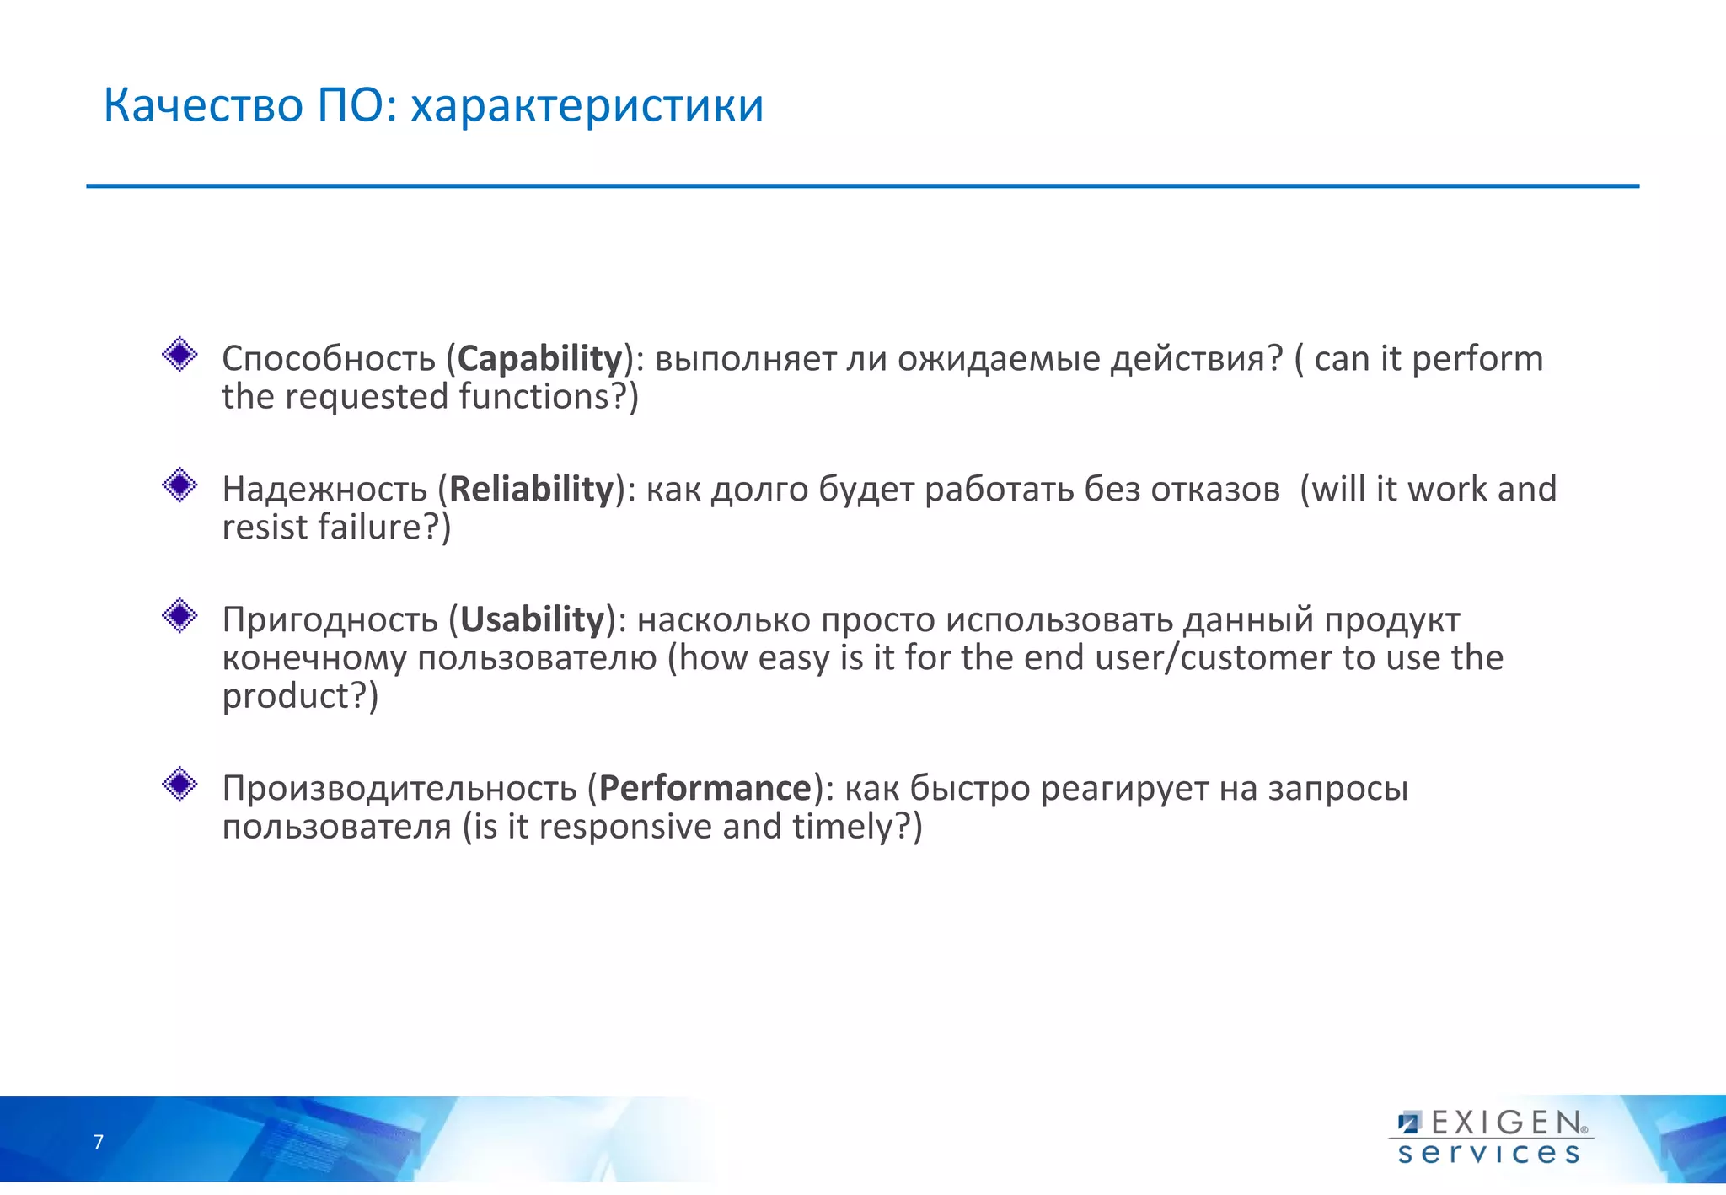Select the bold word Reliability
click(531, 490)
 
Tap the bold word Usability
click(532, 620)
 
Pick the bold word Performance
click(705, 789)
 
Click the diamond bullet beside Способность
click(180, 355)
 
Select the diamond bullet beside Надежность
click(180, 485)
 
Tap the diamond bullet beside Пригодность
click(180, 616)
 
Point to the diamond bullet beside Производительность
click(180, 785)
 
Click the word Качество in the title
click(202, 106)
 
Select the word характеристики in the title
click(587, 106)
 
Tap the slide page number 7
click(99, 1142)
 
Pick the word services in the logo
click(1488, 1153)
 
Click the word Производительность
click(399, 789)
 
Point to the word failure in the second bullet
click(369, 528)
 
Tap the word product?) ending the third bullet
click(300, 697)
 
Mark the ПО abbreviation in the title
click(351, 106)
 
